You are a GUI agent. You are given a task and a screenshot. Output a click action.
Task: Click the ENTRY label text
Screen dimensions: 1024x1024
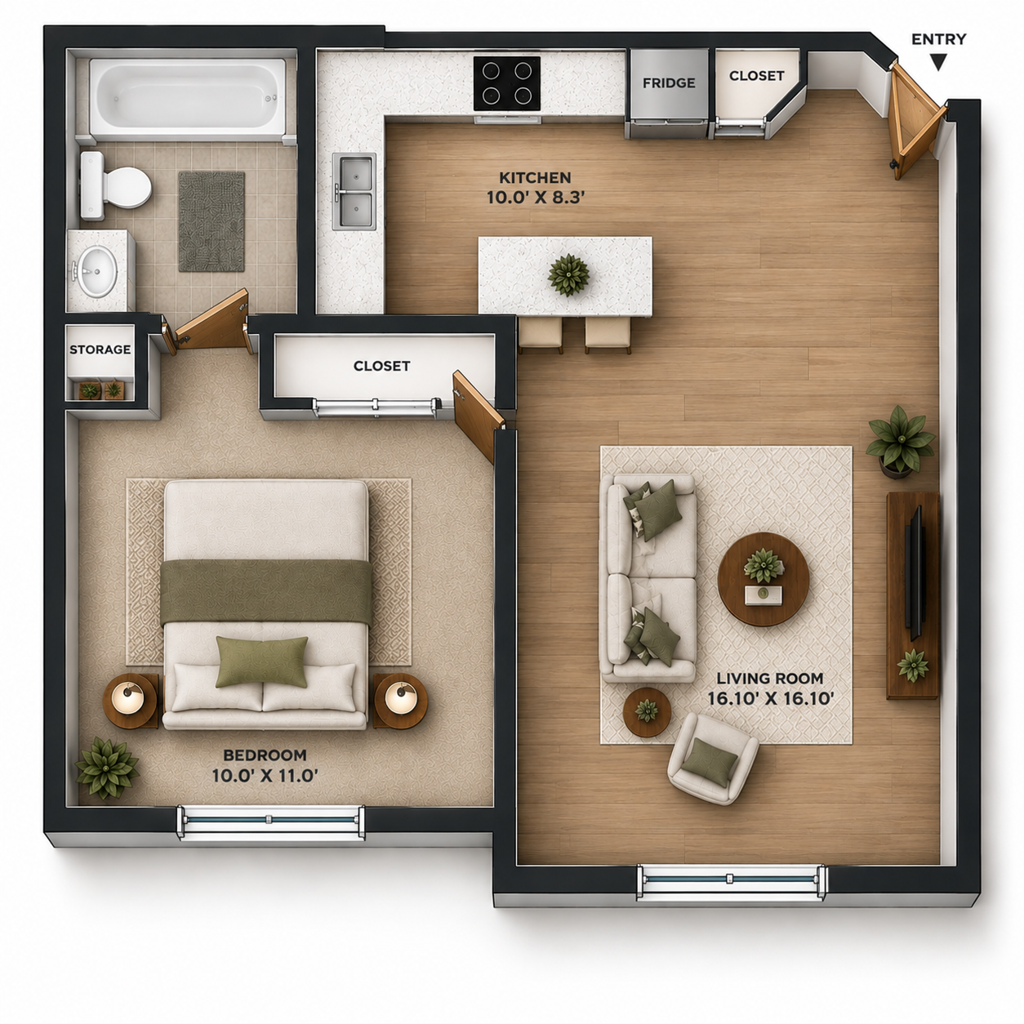coord(938,39)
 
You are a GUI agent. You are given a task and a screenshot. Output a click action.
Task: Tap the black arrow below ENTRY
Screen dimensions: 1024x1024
coord(939,63)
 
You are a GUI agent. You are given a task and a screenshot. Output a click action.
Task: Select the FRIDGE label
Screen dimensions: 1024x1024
coord(669,83)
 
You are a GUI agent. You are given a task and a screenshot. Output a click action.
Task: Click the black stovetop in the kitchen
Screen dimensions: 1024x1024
coord(506,83)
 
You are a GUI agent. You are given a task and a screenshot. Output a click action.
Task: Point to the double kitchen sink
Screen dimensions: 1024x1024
coord(354,192)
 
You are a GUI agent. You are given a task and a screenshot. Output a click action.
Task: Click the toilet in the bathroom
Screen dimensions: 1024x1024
coord(115,186)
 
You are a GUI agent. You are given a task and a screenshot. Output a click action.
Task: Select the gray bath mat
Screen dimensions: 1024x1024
coord(211,221)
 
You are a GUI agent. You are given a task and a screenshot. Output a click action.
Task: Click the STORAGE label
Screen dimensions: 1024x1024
coord(100,349)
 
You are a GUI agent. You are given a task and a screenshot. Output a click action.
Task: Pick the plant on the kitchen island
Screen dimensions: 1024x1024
coord(568,274)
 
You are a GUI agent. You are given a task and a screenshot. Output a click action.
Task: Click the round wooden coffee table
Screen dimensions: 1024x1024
coord(763,579)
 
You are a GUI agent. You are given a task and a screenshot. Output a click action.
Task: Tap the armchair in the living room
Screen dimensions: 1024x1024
coord(713,759)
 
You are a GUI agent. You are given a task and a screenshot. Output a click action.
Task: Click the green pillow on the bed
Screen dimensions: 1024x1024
coord(261,661)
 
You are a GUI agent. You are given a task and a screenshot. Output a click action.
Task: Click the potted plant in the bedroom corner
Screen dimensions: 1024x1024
coord(107,768)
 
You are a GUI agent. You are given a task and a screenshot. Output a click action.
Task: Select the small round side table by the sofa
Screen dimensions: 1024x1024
coord(648,711)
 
